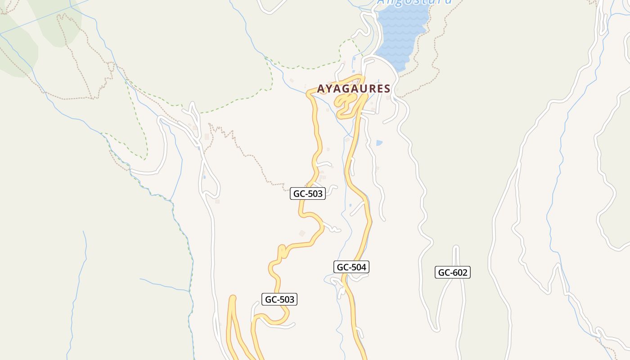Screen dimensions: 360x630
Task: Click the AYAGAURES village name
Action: [354, 89]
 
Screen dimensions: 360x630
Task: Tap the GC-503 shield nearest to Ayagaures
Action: [308, 194]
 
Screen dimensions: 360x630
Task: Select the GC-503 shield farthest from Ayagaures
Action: [279, 299]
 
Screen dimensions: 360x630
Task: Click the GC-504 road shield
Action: [352, 267]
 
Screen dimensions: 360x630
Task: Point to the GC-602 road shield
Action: [452, 272]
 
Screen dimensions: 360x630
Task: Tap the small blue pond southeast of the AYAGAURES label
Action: [379, 143]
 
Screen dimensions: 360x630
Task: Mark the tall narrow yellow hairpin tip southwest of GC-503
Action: [233, 298]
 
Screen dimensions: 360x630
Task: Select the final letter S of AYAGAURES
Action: [387, 89]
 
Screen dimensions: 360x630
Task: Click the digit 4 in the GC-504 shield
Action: [364, 267]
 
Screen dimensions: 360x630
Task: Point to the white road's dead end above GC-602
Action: [456, 247]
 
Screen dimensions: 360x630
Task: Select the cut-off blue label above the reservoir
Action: [414, 2]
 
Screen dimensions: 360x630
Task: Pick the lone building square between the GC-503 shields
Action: [302, 233]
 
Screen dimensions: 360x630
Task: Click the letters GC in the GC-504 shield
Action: [342, 267]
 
